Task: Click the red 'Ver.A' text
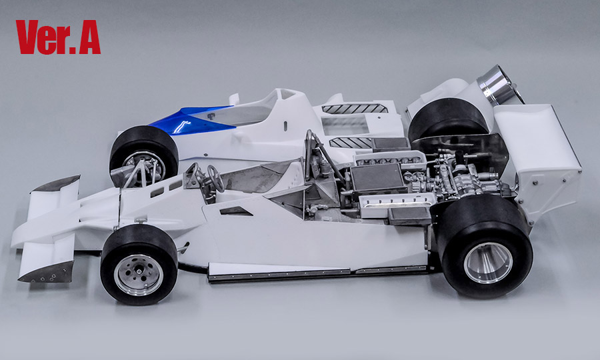point(58,37)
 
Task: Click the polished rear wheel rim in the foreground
point(487,262)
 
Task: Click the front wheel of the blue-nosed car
point(143,157)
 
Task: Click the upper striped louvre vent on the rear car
point(355,108)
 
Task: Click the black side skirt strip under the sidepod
point(313,273)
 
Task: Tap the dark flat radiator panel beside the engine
point(377,178)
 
